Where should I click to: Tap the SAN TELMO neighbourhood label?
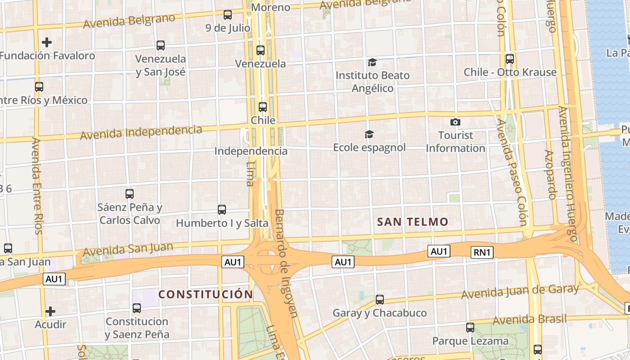click(413, 222)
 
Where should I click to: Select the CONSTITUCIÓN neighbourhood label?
click(206, 295)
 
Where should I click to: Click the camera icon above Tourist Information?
click(455, 122)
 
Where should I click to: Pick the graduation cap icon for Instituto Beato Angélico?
click(372, 62)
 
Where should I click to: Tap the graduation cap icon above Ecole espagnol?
click(369, 134)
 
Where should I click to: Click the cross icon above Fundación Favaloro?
click(47, 42)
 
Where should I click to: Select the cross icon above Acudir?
click(50, 311)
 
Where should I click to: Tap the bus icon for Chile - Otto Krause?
click(510, 58)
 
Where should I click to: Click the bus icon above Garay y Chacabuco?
click(380, 299)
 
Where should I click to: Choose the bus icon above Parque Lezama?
click(470, 327)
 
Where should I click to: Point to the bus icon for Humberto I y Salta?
click(221, 209)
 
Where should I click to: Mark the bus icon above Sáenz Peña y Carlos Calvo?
click(130, 194)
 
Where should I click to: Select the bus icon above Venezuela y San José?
click(161, 45)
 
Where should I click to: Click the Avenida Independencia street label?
click(141, 132)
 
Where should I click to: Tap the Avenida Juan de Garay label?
click(520, 292)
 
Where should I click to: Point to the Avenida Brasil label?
click(530, 319)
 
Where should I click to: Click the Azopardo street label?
click(550, 175)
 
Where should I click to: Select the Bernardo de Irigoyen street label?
click(286, 263)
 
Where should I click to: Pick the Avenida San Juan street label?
click(128, 248)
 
